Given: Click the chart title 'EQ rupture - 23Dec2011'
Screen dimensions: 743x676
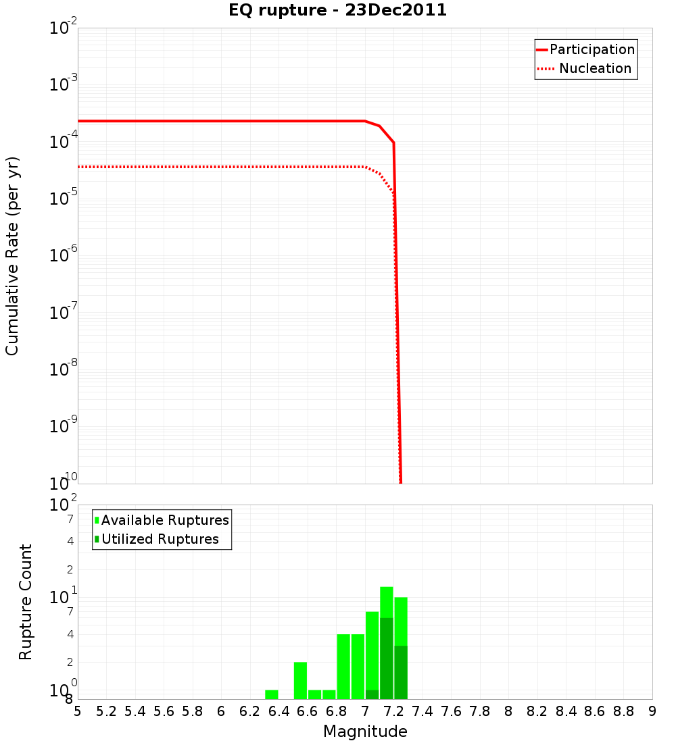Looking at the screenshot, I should point(338,11).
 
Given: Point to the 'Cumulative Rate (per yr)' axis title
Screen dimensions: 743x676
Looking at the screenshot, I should point(12,256).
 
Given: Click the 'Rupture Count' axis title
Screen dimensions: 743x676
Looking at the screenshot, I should point(26,601).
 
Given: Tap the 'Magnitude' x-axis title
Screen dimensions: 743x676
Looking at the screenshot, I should point(365,732).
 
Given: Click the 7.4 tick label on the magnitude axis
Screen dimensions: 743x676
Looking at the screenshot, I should point(422,711).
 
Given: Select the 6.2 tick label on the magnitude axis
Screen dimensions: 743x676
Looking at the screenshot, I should point(250,711).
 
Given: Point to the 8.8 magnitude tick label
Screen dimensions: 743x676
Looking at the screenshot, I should point(623,711).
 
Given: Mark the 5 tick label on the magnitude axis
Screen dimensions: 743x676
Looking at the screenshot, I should point(78,711).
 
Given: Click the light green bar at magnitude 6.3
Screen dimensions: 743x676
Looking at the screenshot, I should point(272,694).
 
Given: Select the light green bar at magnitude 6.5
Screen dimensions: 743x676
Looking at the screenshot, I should point(300,680).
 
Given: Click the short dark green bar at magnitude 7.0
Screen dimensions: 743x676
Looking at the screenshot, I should point(372,694).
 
